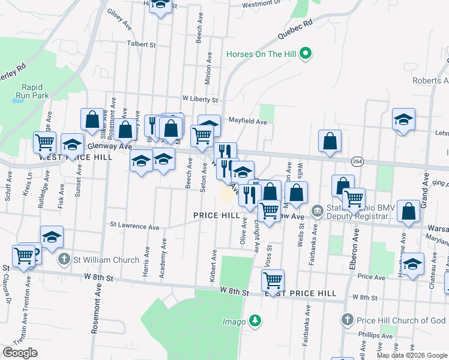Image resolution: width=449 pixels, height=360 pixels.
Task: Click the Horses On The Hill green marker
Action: pos(306,54)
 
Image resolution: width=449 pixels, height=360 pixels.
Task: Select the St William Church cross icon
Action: pos(65,260)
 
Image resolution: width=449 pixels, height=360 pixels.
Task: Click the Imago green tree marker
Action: pos(255,322)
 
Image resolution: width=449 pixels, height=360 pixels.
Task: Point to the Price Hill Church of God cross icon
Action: pos(346,320)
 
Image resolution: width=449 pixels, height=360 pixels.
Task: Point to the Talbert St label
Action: pos(141,44)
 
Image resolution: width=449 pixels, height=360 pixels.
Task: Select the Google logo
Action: pos(20,352)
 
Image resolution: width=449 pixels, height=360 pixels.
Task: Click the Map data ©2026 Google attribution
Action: pos(412,355)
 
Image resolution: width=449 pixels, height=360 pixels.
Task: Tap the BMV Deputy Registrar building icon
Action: pos(317,211)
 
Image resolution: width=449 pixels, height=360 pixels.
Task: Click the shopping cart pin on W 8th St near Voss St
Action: pos(273,280)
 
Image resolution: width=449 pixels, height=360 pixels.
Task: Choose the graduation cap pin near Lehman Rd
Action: pos(403,119)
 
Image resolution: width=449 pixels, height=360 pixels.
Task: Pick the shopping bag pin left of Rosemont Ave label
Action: pos(92,119)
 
